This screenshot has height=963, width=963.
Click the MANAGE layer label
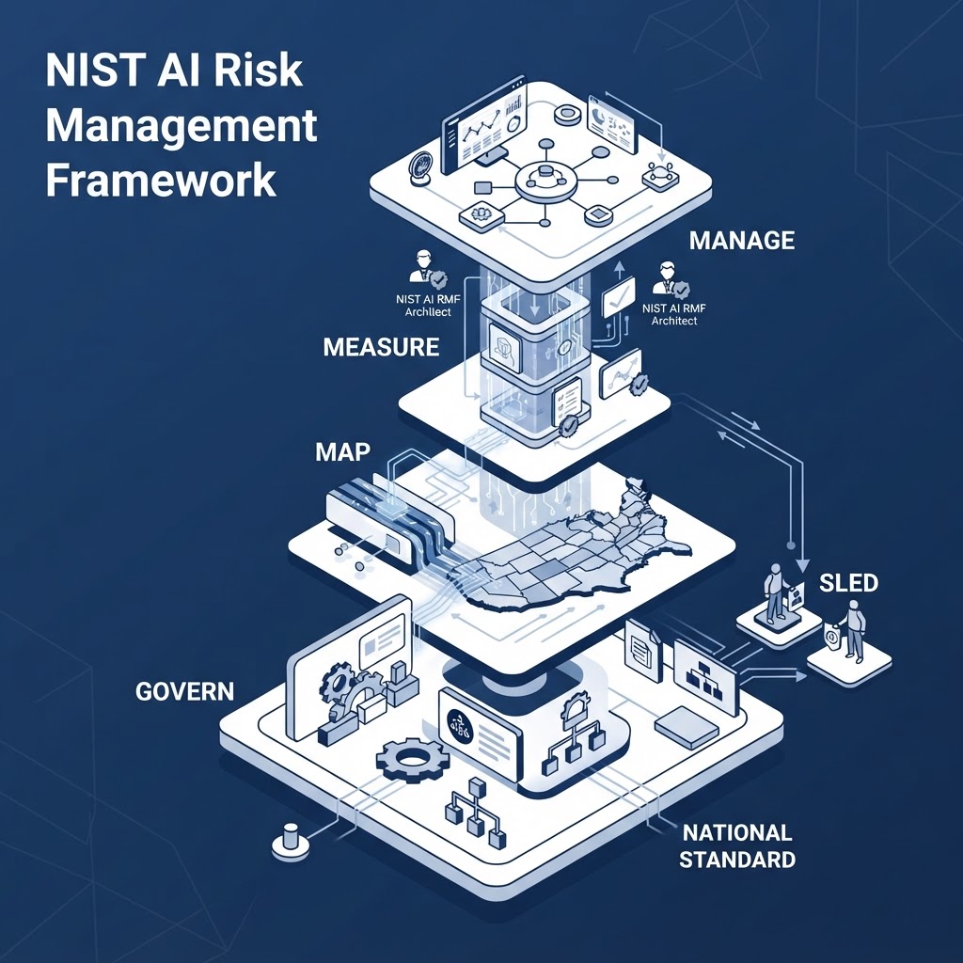[742, 240]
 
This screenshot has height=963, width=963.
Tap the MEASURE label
[381, 347]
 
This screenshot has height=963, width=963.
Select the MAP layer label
[342, 452]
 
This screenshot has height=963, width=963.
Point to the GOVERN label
[185, 691]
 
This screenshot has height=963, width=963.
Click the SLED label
[849, 583]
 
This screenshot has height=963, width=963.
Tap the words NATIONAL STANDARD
[737, 845]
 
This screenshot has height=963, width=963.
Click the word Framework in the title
[162, 179]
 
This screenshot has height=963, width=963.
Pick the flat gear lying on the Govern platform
[413, 760]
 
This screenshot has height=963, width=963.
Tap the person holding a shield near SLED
[850, 631]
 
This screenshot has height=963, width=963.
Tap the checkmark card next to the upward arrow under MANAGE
[619, 296]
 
